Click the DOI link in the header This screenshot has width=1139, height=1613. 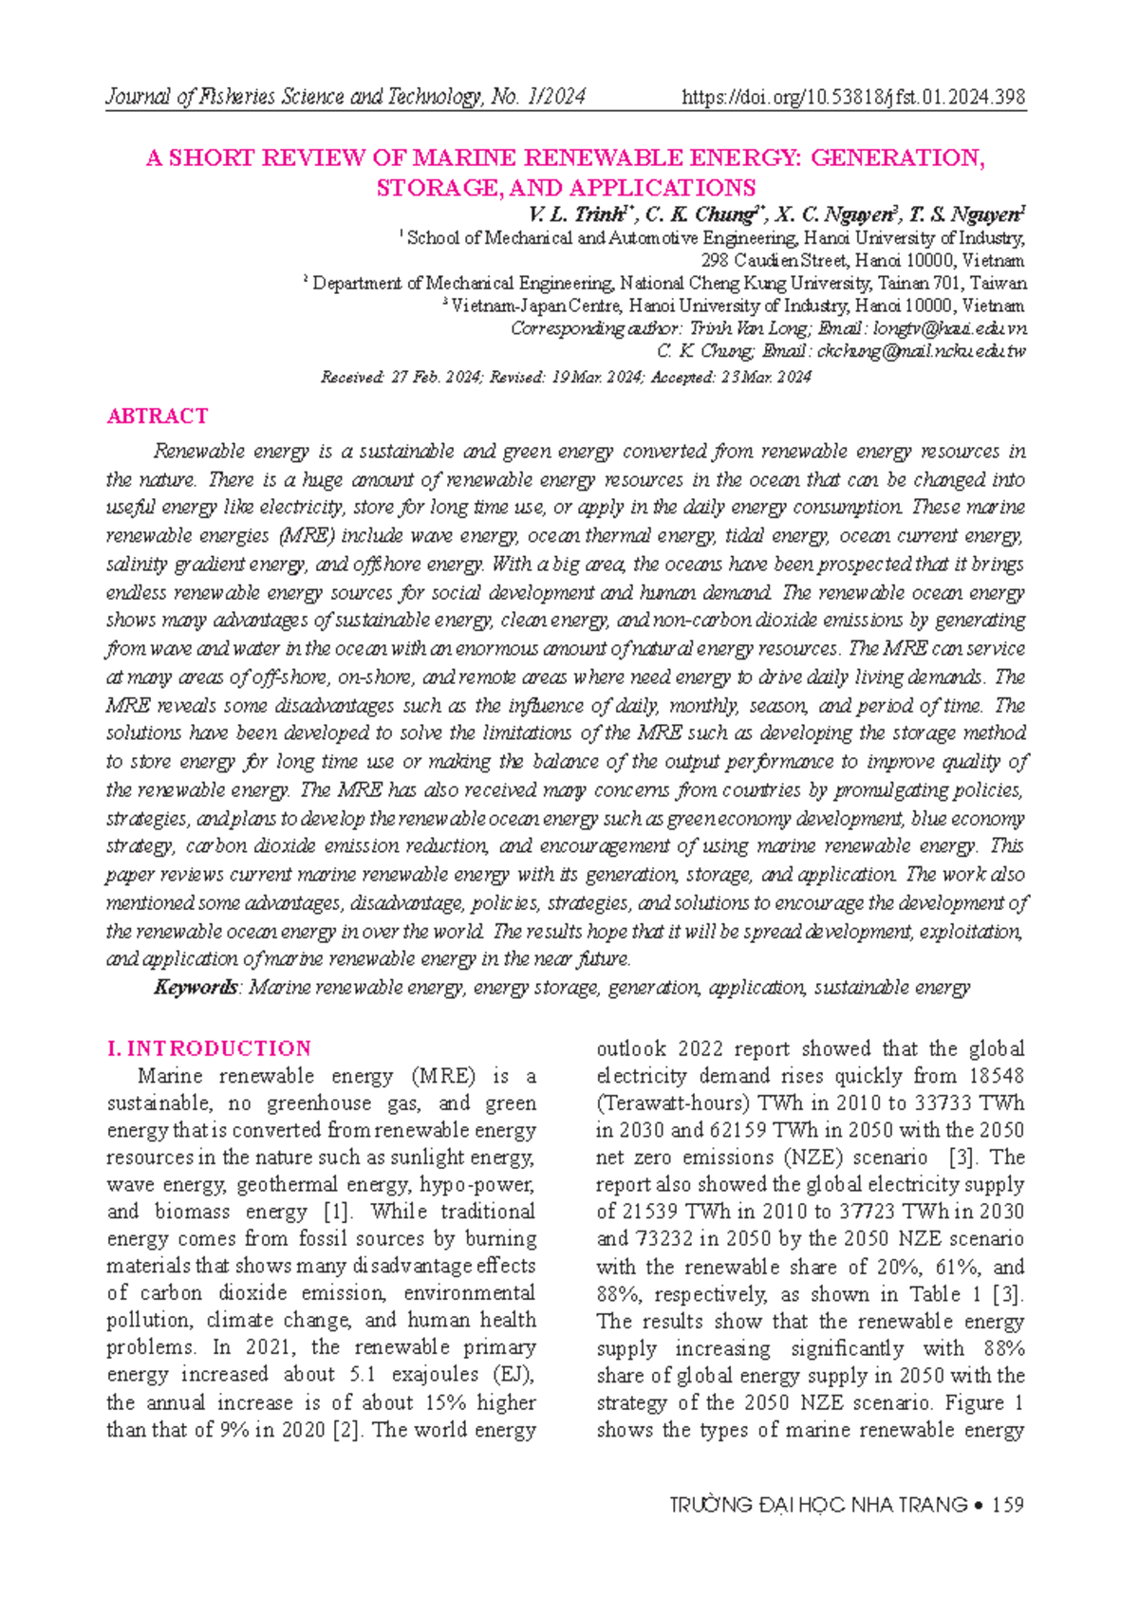click(853, 97)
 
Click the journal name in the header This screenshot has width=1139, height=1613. click(345, 97)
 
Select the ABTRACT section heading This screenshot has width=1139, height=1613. click(158, 416)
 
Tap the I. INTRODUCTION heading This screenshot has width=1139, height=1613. click(209, 1048)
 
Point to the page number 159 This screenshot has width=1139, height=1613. click(1007, 1505)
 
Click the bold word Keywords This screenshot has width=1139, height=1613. click(196, 988)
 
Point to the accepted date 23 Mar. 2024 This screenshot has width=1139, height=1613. click(765, 378)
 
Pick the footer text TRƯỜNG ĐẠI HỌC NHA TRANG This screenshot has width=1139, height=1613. click(818, 1505)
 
